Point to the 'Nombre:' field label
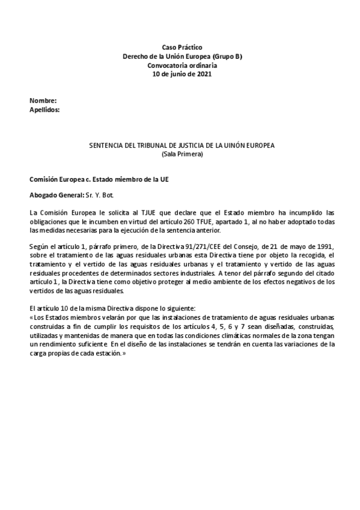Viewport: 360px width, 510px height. (43, 100)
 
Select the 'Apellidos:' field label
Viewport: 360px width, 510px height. (44, 109)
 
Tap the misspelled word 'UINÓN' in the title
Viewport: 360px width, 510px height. (240, 146)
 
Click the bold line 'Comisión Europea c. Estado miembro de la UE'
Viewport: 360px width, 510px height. (95, 180)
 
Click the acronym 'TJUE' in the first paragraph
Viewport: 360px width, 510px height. (139, 213)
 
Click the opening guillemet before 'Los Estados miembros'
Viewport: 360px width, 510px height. (31, 318)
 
